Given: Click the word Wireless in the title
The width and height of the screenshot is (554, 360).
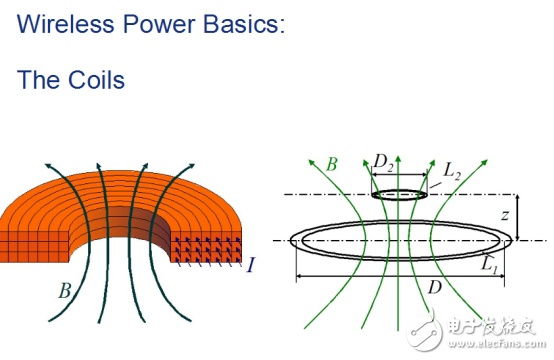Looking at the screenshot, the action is [65, 23].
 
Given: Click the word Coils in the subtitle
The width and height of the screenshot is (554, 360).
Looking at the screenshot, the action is [96, 79].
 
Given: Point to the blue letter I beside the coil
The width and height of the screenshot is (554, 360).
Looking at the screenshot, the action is [251, 265].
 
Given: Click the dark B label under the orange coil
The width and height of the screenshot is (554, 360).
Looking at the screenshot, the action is [65, 291].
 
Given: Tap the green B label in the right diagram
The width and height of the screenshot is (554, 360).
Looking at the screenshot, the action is [331, 164].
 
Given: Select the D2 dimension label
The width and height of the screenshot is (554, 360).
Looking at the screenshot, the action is [383, 163].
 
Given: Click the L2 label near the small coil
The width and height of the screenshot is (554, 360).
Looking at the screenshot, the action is [452, 172].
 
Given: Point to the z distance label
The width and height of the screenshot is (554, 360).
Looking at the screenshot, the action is [506, 214].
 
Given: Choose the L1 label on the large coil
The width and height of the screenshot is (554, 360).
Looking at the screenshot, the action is [489, 265].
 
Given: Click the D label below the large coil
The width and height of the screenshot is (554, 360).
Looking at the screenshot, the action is [435, 287].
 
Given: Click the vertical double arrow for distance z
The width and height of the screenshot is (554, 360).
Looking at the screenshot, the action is [518, 217].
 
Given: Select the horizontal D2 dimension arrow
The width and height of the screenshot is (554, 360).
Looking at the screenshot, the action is [399, 175].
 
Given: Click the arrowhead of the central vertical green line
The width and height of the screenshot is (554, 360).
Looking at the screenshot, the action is [398, 159].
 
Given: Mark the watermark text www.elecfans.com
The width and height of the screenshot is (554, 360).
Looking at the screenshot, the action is [497, 343].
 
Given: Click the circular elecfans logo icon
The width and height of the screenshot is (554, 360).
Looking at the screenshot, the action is [424, 331].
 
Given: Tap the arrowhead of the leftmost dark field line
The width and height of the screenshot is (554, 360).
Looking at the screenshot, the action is [48, 166].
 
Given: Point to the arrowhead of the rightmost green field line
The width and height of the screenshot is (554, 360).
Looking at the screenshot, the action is [484, 163].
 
